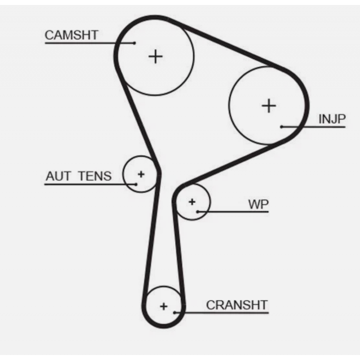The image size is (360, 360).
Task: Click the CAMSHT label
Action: coord(72,36)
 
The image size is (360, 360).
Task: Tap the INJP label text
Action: coord(332,119)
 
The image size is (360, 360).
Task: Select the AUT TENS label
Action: coord(78,176)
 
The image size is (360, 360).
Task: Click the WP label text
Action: coord(258,205)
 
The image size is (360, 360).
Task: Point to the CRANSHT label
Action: coord(237,305)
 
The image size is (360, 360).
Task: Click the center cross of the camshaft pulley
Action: coord(155,56)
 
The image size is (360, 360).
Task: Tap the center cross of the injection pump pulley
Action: coord(269,106)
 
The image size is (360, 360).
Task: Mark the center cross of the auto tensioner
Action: coord(141,174)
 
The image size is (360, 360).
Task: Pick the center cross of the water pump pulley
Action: coord(192,202)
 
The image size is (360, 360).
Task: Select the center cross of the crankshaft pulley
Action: coord(163,306)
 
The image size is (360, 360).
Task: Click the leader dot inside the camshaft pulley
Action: coord(135,43)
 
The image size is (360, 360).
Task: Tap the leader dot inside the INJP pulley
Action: coord(282,127)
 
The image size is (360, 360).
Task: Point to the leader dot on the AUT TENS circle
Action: coord(135,184)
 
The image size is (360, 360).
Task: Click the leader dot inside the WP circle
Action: coord(198,211)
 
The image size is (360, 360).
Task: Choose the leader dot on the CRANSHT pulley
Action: coord(175,312)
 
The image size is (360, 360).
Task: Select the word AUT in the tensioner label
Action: coord(58,176)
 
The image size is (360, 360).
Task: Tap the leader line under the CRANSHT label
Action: coord(225,312)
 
